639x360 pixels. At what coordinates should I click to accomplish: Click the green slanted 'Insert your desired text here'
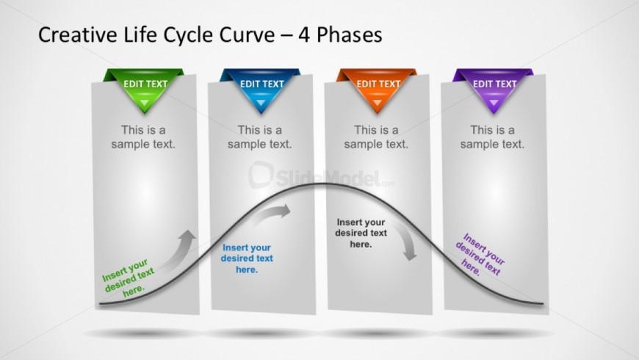pyautogui.click(x=128, y=278)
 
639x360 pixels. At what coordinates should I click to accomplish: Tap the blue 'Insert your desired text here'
pyautogui.click(x=247, y=259)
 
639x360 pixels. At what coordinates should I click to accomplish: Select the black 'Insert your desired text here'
pyautogui.click(x=361, y=233)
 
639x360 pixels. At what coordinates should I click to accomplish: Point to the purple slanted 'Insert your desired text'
pyautogui.click(x=480, y=254)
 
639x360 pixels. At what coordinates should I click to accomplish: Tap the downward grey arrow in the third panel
pyautogui.click(x=406, y=240)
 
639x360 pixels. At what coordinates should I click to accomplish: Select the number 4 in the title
pyautogui.click(x=304, y=35)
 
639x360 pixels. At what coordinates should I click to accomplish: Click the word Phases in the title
pyautogui.click(x=350, y=35)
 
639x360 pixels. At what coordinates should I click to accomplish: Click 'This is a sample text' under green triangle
pyautogui.click(x=143, y=137)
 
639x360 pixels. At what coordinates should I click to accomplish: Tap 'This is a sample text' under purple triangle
pyautogui.click(x=492, y=137)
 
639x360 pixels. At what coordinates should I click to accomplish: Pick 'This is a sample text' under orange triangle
pyautogui.click(x=376, y=137)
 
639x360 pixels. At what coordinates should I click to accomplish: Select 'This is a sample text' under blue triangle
pyautogui.click(x=259, y=137)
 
